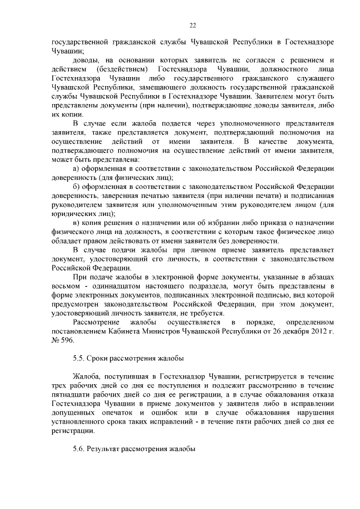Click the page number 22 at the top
pyautogui.click(x=192, y=25)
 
